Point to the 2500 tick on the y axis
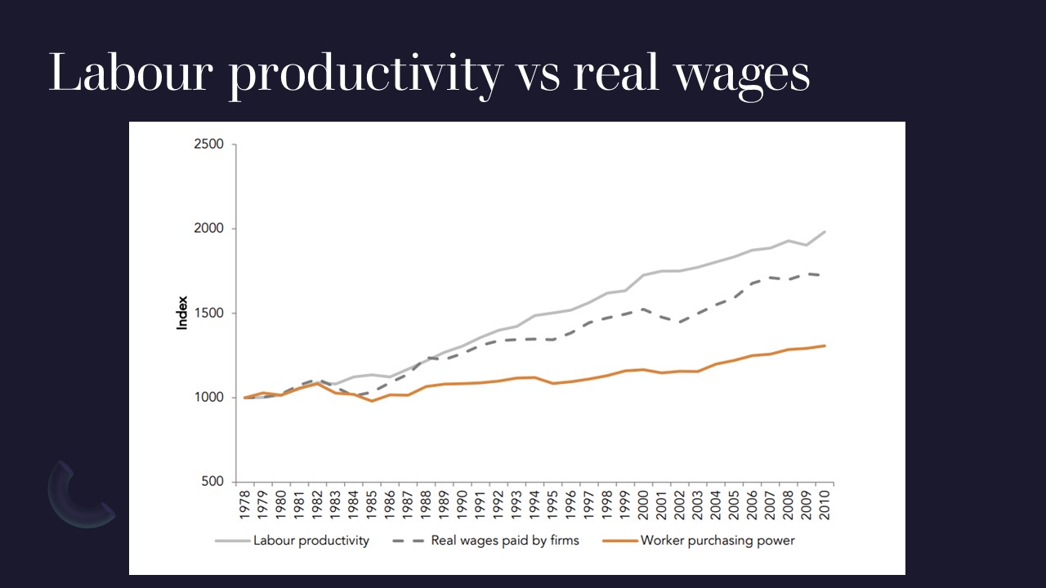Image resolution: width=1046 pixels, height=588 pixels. [209, 145]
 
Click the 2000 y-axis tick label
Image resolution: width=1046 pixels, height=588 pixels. [209, 229]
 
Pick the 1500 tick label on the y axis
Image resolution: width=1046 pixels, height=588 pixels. [209, 314]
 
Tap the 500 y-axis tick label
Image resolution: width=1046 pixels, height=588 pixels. [212, 482]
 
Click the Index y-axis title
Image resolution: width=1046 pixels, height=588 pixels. [182, 313]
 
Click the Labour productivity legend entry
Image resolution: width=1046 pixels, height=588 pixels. [311, 540]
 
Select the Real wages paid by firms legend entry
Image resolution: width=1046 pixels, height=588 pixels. [504, 540]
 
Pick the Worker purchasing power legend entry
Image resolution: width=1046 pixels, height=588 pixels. [717, 540]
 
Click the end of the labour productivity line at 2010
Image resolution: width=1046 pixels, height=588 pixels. [825, 232]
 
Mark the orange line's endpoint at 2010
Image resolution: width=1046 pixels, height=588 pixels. [825, 345]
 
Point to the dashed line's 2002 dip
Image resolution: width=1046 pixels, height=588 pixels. [679, 323]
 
